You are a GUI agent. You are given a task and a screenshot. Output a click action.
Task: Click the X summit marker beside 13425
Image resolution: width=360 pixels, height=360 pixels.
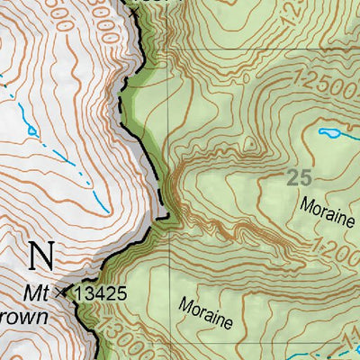point(61,292)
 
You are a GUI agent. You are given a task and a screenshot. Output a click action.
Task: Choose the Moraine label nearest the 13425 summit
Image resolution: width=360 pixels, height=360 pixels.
point(206,310)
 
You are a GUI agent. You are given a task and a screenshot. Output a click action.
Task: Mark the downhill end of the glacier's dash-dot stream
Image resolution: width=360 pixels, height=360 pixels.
point(108,212)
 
